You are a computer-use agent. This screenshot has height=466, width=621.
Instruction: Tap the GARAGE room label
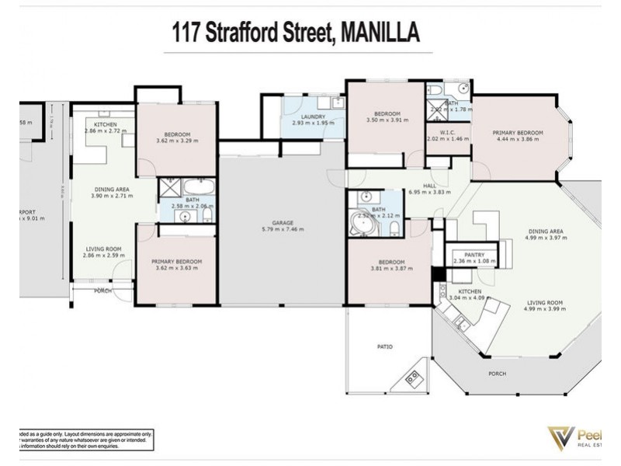pos(282,223)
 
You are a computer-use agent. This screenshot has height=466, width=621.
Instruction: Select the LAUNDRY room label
pos(314,116)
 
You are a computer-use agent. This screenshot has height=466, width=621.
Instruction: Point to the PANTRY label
pos(474,254)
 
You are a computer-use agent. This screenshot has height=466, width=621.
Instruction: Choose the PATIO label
pos(384,346)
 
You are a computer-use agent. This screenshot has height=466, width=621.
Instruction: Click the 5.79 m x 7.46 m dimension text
pos(282,230)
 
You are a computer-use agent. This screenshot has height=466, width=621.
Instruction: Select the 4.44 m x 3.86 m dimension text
pos(517,140)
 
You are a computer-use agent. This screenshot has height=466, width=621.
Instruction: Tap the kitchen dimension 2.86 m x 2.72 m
pos(106,131)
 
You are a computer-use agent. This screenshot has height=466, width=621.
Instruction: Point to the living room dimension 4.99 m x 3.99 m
pos(544,310)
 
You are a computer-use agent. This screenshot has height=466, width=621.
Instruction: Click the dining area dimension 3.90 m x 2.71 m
pos(113,196)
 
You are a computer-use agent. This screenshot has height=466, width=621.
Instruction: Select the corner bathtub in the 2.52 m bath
pos(362,224)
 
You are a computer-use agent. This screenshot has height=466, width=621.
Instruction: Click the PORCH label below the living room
pos(497,374)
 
